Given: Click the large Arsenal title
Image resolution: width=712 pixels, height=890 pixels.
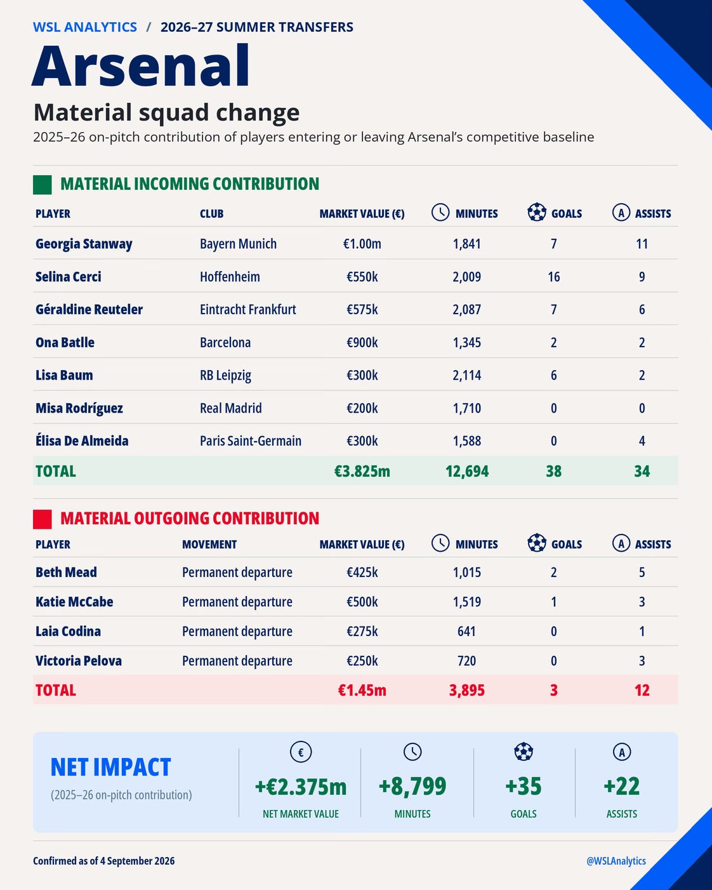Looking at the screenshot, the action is (141, 65).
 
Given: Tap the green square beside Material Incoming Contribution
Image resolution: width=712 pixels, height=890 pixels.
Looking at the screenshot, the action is (42, 185).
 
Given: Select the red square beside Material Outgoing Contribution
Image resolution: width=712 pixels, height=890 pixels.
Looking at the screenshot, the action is (42, 519).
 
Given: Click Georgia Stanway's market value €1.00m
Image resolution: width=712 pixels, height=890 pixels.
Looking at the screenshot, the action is (362, 244).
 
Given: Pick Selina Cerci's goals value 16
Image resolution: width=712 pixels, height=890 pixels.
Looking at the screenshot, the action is (553, 277).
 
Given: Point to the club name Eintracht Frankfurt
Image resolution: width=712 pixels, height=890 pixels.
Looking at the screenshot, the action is (247, 309).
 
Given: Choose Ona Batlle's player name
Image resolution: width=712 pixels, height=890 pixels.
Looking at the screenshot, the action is (65, 342).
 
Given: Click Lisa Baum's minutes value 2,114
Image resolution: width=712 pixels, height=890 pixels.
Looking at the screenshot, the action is (467, 375).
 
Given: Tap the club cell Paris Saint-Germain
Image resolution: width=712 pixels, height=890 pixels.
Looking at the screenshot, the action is (251, 441).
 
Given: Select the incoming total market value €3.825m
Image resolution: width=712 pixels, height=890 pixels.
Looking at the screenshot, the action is (362, 471).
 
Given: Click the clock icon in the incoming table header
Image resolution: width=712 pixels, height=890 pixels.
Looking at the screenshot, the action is (440, 212).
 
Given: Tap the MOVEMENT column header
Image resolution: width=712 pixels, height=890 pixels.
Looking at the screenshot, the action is (209, 544).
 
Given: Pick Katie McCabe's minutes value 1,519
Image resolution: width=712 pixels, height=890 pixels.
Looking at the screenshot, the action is (467, 602).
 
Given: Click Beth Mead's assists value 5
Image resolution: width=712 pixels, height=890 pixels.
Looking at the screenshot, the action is (642, 573).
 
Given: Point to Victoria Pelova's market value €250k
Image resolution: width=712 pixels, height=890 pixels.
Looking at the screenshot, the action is (362, 661).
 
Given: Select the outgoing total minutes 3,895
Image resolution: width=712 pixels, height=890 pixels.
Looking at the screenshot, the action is (467, 690).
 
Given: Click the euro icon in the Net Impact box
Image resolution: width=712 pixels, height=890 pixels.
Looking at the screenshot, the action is (301, 752).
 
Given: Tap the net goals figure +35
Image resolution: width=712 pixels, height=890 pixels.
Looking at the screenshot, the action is (523, 786).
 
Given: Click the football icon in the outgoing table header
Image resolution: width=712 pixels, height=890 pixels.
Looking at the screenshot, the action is (537, 543).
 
